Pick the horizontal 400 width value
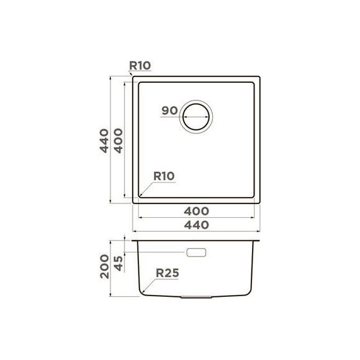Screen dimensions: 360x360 click(x=197, y=210)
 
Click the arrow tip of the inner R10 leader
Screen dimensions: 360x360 click(x=140, y=195)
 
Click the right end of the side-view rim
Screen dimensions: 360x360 click(x=261, y=241)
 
